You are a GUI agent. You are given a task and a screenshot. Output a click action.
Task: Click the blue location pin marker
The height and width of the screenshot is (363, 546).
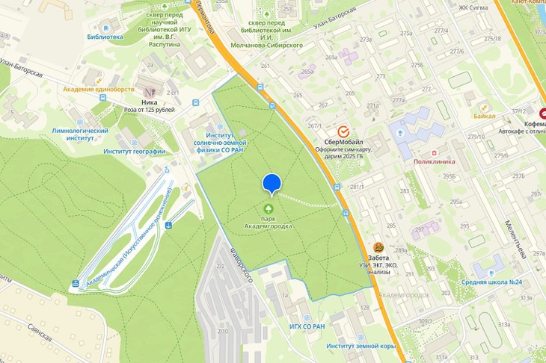[272, 183]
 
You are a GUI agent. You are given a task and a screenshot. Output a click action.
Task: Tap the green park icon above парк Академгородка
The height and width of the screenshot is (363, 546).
[268, 208]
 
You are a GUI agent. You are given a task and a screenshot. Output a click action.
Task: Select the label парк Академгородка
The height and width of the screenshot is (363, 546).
[268, 222]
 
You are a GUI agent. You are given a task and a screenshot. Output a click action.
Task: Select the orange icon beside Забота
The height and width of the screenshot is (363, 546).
[379, 247]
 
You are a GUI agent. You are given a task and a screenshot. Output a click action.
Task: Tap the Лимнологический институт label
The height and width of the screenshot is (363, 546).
[80, 134]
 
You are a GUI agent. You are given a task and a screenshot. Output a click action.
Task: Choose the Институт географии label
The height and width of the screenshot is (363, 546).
[135, 152]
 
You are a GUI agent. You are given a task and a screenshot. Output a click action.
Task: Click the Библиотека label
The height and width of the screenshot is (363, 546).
[105, 37]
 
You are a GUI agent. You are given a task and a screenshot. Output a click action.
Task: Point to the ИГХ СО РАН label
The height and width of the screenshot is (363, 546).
[307, 326]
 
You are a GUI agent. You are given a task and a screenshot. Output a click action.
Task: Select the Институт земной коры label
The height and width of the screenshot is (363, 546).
[361, 346]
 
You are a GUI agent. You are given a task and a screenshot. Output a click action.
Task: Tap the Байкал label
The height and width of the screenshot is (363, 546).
[484, 116]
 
